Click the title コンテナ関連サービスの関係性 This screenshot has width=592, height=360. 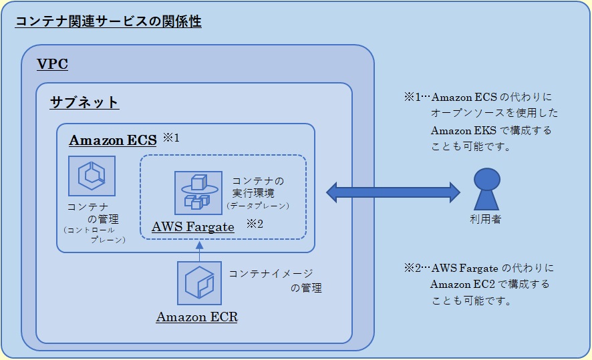click(108, 21)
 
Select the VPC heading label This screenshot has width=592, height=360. click(52, 64)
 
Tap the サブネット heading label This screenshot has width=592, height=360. click(85, 102)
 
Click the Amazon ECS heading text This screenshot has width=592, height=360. click(112, 140)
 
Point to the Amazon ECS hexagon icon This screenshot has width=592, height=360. click(92, 176)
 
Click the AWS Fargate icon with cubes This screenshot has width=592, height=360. click(198, 193)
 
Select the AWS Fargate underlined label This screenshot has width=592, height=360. click(193, 227)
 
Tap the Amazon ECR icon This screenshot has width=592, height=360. click(199, 283)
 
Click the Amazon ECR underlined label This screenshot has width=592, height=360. click(196, 317)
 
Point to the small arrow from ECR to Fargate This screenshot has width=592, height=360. click(199, 251)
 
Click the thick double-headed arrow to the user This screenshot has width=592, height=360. click(393, 192)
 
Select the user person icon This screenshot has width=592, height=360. click(486, 189)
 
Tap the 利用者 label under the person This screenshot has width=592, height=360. click(486, 219)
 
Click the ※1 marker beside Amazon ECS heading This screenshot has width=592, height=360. click(172, 138)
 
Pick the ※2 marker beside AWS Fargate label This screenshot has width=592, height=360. click(255, 224)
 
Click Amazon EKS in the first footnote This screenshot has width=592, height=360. click(464, 130)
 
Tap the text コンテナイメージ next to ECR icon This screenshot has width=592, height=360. click(271, 273)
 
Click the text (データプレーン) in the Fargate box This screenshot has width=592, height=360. click(258, 206)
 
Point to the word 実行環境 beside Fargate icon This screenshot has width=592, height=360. click(253, 193)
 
